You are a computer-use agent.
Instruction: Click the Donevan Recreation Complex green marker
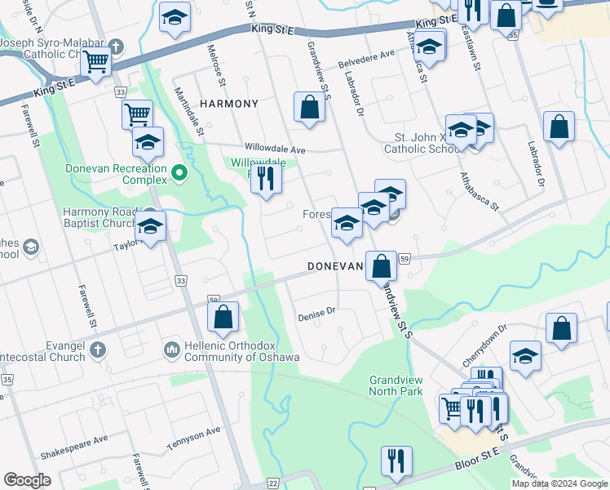pos(179,173)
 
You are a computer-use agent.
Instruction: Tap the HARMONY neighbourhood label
pos(228,104)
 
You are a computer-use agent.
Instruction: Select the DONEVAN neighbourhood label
pos(334,266)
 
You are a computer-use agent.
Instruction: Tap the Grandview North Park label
pos(396,385)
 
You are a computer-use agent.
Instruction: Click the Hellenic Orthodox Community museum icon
pos(171,350)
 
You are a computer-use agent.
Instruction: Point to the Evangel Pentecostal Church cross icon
pos(97,350)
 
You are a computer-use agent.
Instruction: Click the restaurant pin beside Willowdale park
pos(265,176)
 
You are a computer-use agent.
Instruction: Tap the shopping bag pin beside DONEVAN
pos(381,265)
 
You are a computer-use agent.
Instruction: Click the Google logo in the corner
pos(27,480)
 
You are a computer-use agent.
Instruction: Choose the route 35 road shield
pos(7,380)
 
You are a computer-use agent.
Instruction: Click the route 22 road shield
pos(272,484)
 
